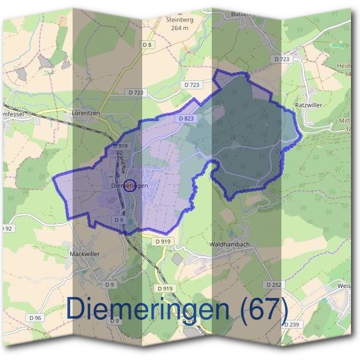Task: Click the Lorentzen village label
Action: [86, 112]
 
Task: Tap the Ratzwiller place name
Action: [309, 105]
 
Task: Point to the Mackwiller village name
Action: [86, 254]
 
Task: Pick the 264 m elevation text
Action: [179, 28]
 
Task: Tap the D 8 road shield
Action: [148, 46]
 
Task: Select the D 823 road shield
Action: [185, 119]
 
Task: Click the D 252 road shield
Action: [272, 284]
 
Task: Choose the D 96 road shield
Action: [34, 317]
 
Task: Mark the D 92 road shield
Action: [7, 229]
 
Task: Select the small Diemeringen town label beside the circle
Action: [129, 187]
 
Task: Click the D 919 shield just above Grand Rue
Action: [120, 146]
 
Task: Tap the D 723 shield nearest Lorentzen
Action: [136, 92]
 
